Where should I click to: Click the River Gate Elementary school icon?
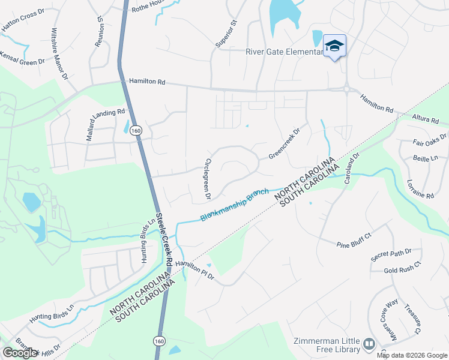[335, 46]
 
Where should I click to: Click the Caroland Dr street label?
[351, 168]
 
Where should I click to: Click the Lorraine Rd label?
[420, 188]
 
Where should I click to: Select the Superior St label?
[226, 34]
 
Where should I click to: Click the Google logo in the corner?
[20, 353]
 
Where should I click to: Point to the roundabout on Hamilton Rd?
[347, 90]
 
